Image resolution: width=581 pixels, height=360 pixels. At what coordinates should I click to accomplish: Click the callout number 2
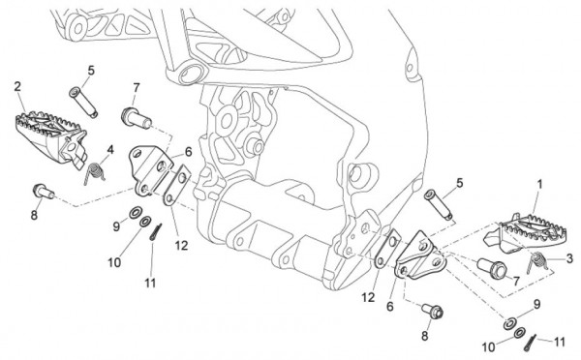17,87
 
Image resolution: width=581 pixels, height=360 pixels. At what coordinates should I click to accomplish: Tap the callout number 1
539,184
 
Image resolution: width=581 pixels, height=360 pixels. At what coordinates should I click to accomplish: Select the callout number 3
569,258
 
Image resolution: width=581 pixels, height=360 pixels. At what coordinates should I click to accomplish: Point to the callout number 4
110,150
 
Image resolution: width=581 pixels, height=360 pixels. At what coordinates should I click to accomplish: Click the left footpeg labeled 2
50,137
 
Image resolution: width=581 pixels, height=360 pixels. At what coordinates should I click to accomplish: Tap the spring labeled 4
94,173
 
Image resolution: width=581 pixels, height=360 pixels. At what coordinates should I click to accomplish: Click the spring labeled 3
536,262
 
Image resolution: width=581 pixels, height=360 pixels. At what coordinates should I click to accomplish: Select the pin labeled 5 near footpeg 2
83,103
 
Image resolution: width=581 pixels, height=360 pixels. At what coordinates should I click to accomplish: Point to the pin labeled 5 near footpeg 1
439,205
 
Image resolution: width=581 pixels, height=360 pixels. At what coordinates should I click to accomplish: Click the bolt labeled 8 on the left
44,191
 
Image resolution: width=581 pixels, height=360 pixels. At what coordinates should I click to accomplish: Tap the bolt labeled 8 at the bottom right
433,311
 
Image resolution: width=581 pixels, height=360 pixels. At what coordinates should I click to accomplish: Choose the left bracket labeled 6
150,170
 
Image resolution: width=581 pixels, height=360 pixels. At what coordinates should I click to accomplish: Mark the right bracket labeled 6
420,256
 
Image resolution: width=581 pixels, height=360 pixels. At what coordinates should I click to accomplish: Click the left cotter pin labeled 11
156,232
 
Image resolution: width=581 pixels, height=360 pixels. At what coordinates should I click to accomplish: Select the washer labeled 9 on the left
135,213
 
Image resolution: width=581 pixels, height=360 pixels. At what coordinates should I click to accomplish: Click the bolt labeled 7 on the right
491,267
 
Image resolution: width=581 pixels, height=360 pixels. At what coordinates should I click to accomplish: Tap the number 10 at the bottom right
488,347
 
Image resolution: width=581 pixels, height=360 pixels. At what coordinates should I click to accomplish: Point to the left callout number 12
182,245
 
